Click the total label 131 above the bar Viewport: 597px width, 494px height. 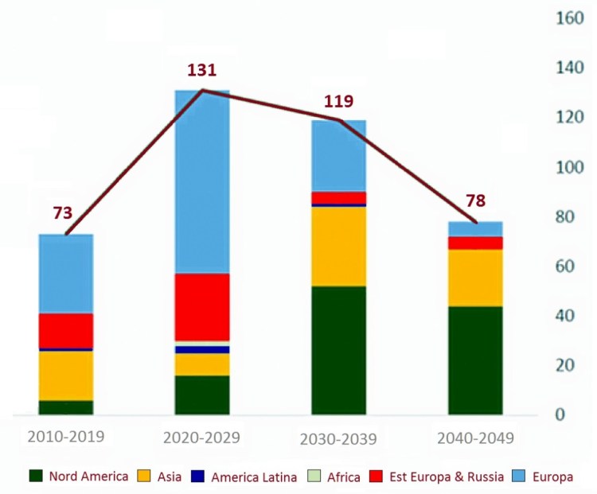[x=202, y=70]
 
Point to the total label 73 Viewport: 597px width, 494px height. [x=62, y=212]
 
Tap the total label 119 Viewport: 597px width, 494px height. [x=338, y=102]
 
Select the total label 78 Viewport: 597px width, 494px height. [x=476, y=200]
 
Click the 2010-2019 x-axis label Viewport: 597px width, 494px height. [x=66, y=437]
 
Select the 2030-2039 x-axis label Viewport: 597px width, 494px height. [x=339, y=439]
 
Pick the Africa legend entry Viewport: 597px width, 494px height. [x=344, y=477]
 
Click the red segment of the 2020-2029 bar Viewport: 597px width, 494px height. [x=202, y=306]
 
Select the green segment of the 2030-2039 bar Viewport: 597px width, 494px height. [x=339, y=350]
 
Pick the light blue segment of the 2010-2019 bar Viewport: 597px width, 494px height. [x=66, y=273]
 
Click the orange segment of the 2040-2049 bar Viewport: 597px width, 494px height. [x=476, y=278]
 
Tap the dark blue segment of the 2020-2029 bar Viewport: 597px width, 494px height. [x=202, y=350]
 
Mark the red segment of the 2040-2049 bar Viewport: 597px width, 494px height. [x=476, y=243]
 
